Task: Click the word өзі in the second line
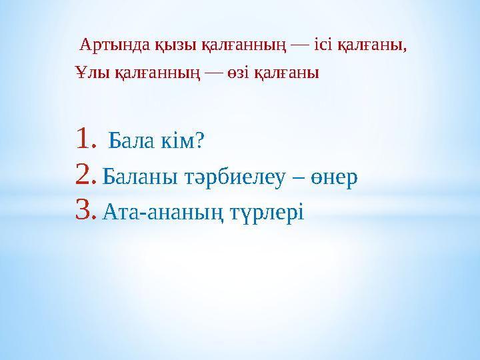239,73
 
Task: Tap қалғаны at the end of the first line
374,47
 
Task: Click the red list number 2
86,175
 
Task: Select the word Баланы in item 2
137,177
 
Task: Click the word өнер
333,177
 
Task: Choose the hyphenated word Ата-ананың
161,213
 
